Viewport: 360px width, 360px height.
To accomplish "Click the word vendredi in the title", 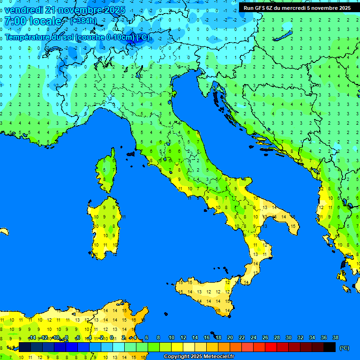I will coord(24,10).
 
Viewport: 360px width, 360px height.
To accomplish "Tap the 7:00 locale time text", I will coord(33,22).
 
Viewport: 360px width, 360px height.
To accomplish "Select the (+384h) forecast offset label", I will coord(83,21).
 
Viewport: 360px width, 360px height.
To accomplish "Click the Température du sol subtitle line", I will coord(77,37).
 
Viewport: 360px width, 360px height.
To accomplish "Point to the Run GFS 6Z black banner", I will coord(297,8).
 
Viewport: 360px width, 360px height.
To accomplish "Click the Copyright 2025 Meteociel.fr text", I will coord(199,357).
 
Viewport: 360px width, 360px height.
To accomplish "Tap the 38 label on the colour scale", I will coord(335,338).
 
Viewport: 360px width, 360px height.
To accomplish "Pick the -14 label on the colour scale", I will coord(32,338).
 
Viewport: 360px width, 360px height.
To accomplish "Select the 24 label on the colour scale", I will coord(253,338).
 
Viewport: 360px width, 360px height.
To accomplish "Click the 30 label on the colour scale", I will coord(288,338).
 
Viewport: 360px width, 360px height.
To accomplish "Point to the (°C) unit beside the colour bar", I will coord(345,347).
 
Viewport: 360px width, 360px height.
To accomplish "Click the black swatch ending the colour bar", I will coord(330,347).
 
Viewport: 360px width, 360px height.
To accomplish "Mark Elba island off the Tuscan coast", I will coord(131,154).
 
